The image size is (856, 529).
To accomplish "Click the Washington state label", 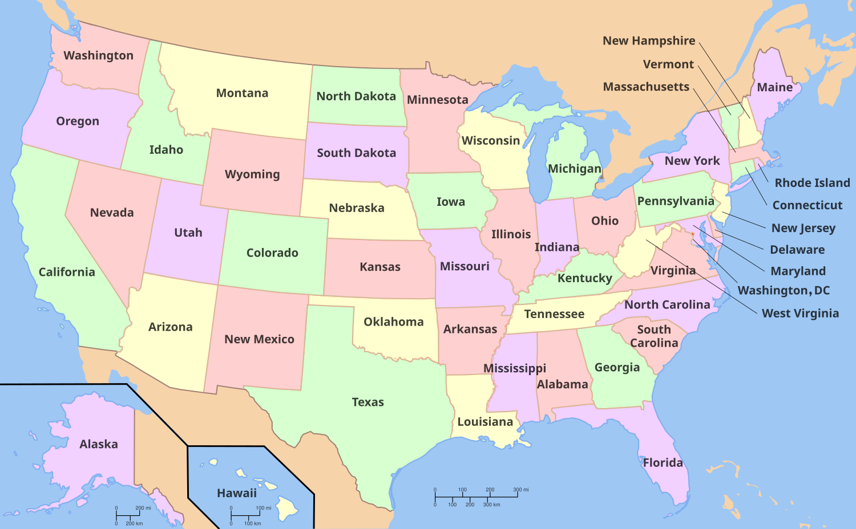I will [98, 55].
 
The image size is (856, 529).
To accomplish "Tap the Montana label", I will [242, 93].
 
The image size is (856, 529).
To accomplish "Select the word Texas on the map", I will [368, 402].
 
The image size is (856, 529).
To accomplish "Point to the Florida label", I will [663, 462].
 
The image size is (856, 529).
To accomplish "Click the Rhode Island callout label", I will [812, 183].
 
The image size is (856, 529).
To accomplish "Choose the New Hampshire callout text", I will [649, 40].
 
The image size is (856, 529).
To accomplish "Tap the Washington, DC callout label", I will [784, 291].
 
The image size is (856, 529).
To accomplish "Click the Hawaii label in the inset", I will [236, 493].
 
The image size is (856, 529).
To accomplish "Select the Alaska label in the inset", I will [99, 444].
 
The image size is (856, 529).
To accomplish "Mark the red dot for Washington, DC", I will [692, 234].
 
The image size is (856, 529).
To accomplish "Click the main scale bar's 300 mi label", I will [520, 490].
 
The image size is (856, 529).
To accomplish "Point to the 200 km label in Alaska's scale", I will [134, 523].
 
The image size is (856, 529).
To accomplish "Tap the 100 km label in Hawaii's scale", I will [252, 523].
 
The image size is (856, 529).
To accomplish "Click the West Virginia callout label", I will [800, 314].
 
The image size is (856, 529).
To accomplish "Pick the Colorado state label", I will [272, 253].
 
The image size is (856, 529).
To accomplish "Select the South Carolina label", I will [654, 336].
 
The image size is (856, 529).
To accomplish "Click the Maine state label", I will [774, 87].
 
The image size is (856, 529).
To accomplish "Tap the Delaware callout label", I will [797, 250].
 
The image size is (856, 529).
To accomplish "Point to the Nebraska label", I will [357, 208].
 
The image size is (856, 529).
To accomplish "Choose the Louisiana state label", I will [485, 422].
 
